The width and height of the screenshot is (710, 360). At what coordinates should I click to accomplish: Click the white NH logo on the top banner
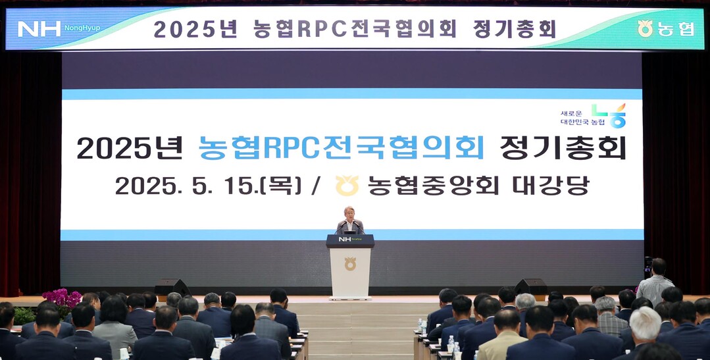39,29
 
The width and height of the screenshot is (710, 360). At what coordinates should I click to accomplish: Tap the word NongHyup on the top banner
82,28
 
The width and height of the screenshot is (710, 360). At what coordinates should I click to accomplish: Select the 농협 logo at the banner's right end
666,28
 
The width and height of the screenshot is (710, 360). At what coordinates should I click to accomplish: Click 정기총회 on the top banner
515,29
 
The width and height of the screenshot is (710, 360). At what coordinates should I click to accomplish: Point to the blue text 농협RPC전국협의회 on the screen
342,148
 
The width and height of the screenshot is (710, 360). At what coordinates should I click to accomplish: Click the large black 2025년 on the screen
130,148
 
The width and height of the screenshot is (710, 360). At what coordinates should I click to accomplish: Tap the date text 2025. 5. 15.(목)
209,185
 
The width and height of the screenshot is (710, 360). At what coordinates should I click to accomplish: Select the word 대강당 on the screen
551,185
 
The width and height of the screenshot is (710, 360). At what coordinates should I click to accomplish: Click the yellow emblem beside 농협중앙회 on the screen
347,185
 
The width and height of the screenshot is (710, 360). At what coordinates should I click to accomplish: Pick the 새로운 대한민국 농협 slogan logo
593,116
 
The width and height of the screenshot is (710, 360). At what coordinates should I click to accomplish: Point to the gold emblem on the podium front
350,263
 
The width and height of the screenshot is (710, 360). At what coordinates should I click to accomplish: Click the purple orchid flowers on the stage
62,299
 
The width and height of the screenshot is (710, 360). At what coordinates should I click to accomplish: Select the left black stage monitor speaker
172,287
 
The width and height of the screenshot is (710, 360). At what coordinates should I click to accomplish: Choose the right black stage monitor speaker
530,287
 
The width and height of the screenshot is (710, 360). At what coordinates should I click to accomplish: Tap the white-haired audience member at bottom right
644,333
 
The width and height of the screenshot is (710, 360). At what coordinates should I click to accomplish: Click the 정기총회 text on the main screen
563,148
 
